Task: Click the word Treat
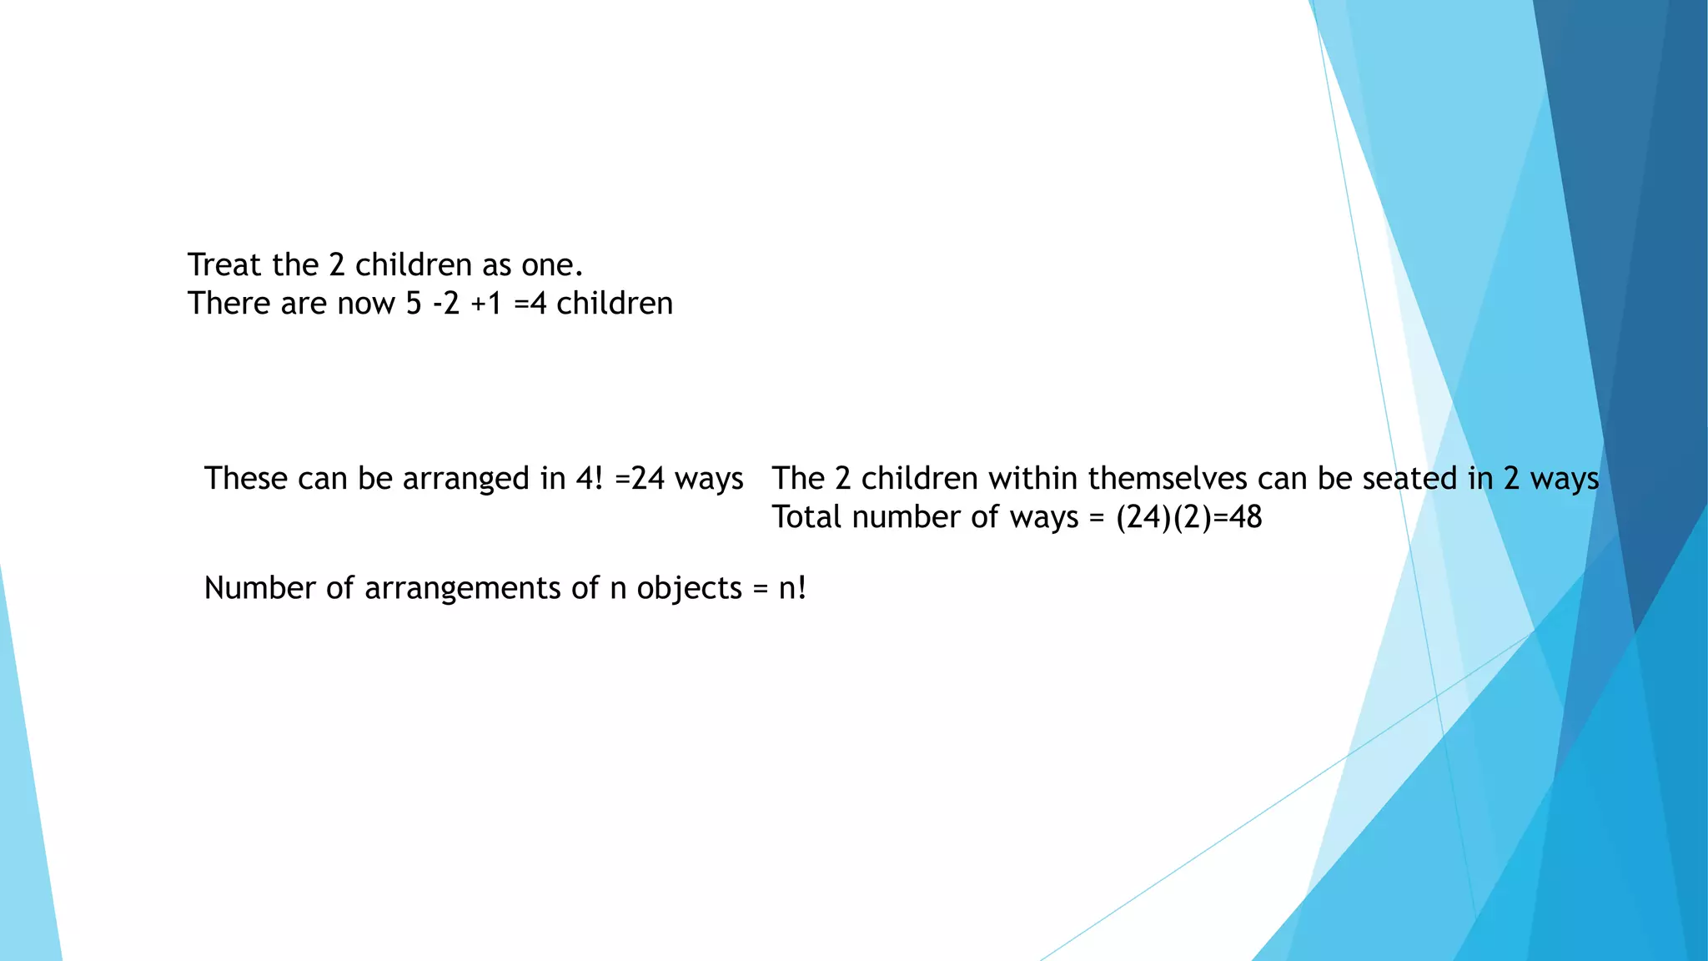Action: coord(224,265)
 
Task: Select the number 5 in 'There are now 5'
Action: coord(414,304)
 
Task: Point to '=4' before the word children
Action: coord(530,304)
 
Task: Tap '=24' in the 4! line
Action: coord(640,479)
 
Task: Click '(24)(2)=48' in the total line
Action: coord(1188,518)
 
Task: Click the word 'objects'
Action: coord(689,589)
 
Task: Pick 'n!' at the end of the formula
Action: coord(792,589)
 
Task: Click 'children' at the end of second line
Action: coord(614,304)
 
